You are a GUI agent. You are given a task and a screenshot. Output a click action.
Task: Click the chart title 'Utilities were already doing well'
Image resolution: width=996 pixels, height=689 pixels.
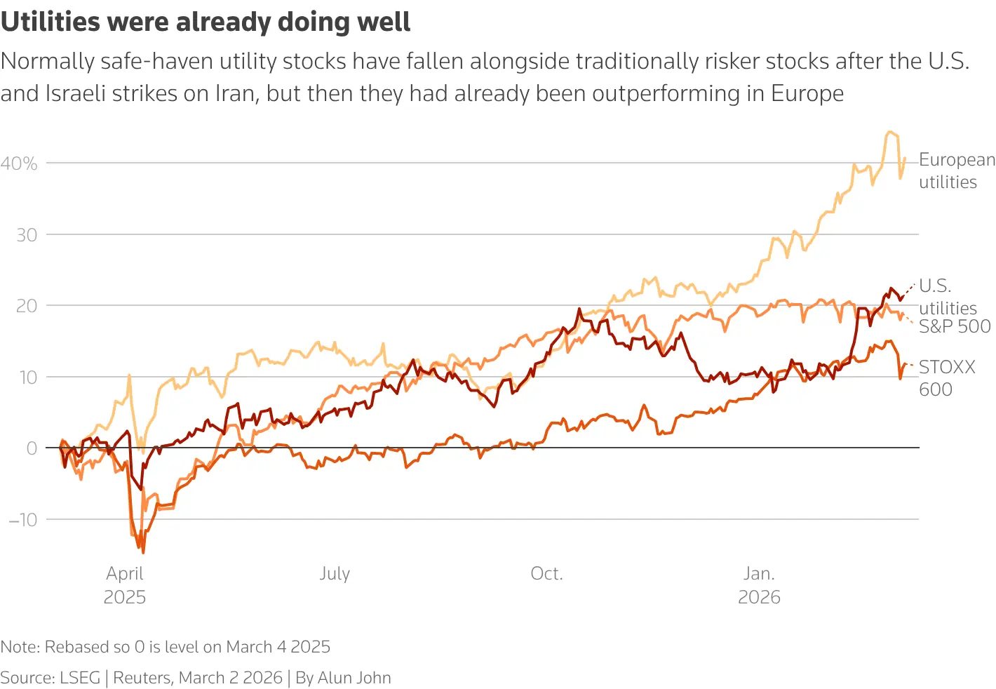(206, 22)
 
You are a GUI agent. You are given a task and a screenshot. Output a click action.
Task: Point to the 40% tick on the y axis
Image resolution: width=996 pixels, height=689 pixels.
(19, 163)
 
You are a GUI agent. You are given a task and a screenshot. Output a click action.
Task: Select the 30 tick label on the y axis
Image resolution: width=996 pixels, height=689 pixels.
(27, 235)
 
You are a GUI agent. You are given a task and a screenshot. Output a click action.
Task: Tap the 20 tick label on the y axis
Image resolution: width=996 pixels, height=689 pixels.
(27, 306)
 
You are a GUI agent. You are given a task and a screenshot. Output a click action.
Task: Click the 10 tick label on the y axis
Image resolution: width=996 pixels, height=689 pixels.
(27, 377)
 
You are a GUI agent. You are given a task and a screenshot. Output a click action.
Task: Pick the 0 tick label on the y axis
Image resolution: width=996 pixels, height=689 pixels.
(32, 448)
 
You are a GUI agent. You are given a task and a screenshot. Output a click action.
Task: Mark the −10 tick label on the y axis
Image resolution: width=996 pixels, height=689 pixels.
(23, 520)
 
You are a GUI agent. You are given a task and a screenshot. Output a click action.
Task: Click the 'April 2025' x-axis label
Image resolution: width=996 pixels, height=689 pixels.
(125, 585)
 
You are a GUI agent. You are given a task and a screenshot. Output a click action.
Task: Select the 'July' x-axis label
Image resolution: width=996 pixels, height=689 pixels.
(335, 573)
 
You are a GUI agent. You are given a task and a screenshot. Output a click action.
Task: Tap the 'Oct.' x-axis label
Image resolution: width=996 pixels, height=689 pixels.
(546, 573)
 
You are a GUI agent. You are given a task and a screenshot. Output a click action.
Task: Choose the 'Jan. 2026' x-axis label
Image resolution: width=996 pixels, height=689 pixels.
(759, 585)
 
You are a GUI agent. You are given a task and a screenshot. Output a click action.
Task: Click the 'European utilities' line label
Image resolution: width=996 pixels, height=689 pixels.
(956, 170)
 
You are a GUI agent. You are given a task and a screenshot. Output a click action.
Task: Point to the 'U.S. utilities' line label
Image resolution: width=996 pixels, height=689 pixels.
(947, 297)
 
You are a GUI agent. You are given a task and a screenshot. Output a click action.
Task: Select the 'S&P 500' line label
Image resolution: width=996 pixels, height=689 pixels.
(954, 326)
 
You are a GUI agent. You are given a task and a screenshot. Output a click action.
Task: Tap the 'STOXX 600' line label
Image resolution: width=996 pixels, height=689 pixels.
(946, 378)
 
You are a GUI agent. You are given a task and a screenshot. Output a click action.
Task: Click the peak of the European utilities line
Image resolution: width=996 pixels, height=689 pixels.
(889, 132)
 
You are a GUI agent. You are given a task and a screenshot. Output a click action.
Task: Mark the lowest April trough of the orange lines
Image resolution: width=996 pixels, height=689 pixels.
(143, 552)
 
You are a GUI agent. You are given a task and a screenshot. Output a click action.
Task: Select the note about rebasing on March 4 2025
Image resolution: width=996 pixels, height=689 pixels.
(166, 646)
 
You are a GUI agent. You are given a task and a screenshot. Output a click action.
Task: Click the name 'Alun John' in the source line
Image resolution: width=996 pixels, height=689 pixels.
(354, 677)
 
